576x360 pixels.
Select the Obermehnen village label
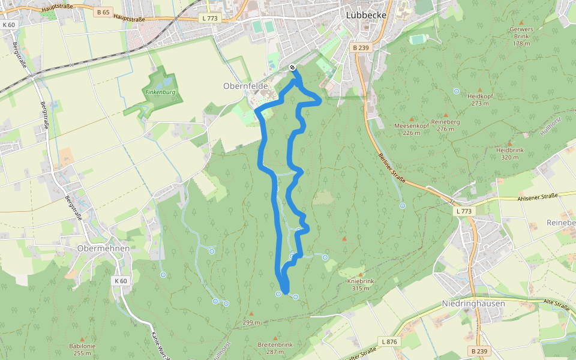[x=103, y=248]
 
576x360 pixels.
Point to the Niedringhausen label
[x=473, y=304]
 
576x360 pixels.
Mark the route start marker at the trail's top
[x=292, y=67]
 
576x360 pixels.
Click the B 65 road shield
[x=103, y=12]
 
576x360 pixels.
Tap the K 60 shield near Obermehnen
[x=121, y=281]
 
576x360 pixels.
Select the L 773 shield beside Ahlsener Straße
[x=464, y=211]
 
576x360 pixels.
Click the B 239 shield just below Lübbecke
[x=361, y=47]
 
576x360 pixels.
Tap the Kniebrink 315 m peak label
[x=360, y=284]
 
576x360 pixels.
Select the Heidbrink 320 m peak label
[x=510, y=153]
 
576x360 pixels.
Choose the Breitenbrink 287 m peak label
[x=275, y=348]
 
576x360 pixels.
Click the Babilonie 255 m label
[x=82, y=349]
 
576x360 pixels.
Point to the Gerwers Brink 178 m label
[x=521, y=36]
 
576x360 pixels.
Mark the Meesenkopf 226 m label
[x=411, y=129]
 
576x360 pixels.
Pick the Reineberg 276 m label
[x=445, y=125]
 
